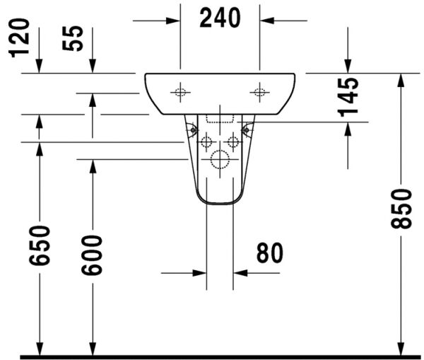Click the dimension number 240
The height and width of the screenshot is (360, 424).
[220, 18]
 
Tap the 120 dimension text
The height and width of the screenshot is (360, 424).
[22, 37]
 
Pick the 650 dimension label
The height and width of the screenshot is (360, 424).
[40, 245]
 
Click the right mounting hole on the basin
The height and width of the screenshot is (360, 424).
[259, 91]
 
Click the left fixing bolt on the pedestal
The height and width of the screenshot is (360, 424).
[191, 129]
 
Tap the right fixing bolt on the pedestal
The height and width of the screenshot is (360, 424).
[247, 129]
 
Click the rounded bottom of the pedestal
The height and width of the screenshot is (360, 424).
[220, 202]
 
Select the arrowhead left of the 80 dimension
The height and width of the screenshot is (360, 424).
[199, 272]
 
